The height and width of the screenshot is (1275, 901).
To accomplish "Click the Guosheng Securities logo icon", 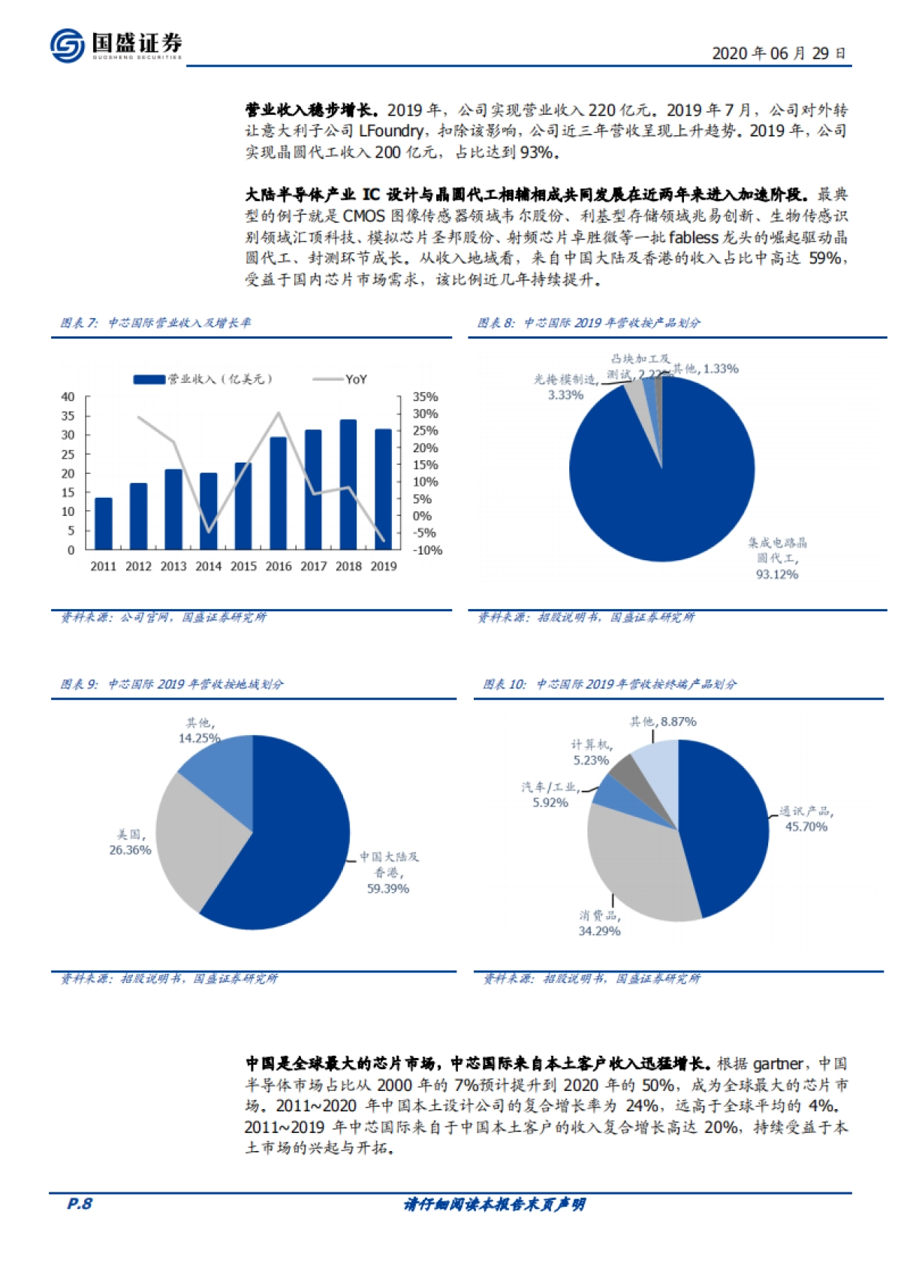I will [x=67, y=45].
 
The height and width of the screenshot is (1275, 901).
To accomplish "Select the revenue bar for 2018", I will [x=348, y=484].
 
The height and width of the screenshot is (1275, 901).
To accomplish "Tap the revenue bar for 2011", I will [x=104, y=523].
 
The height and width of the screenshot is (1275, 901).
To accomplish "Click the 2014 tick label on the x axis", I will [x=208, y=566].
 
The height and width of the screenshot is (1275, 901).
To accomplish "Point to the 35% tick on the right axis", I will [x=426, y=396].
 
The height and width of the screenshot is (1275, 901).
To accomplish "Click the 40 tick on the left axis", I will [x=68, y=396].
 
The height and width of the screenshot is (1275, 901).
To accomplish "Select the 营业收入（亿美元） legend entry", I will [x=203, y=379].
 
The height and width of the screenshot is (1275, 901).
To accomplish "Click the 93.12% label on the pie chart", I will [x=776, y=574].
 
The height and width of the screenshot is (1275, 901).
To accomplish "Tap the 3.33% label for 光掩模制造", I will [x=565, y=395].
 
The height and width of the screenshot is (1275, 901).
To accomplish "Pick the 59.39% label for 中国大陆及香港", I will [x=387, y=888].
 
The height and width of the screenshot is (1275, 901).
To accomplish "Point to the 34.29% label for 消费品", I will [x=599, y=931].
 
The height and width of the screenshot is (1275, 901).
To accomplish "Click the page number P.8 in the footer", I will [x=80, y=1204].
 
